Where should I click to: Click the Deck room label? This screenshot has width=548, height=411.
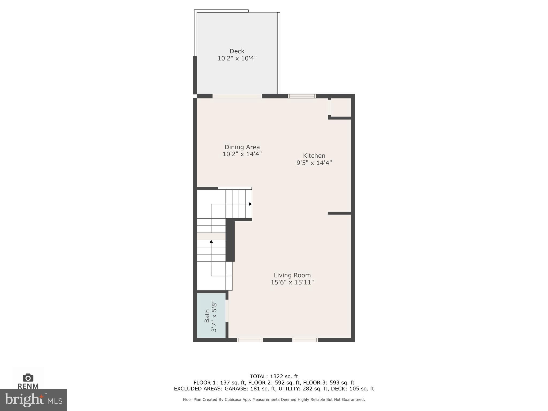237,51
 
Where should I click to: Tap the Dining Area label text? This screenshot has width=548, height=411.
242,147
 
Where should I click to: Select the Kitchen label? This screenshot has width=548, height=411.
314,156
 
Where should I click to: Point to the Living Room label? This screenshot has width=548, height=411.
292,275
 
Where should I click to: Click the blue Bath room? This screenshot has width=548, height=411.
211,315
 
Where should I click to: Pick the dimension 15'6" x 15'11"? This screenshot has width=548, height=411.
292,282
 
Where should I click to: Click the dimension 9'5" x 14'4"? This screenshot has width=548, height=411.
314,163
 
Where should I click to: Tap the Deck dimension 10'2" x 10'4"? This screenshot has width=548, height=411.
237,58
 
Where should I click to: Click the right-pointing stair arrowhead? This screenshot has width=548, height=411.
250,204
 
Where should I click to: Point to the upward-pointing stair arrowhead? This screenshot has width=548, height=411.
211,242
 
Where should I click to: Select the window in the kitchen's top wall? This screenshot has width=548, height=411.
302,96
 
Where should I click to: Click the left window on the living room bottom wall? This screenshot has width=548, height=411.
250,340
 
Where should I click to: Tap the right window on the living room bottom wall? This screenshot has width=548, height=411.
305,340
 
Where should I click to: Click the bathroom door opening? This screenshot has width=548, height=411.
227,311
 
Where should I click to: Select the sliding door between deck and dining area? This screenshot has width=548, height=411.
237,96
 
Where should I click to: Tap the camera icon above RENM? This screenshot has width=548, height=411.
28,378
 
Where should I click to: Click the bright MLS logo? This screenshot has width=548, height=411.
33,400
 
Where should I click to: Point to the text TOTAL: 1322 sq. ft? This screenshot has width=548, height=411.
274,376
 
